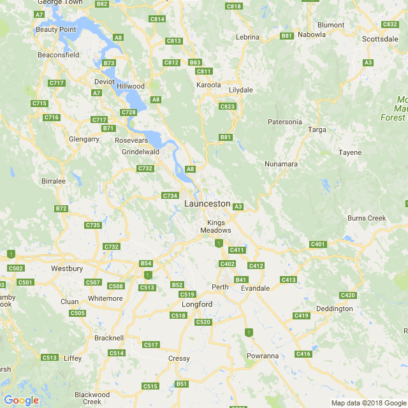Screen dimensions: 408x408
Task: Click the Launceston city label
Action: [x=207, y=203]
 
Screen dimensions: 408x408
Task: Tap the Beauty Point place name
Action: [x=55, y=29]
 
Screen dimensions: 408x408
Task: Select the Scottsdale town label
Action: [x=380, y=39]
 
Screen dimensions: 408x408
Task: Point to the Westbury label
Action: [x=67, y=268]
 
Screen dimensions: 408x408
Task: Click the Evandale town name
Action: [x=255, y=288]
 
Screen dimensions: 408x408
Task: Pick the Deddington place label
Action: [x=334, y=309]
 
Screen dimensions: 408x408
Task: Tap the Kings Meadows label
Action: [x=215, y=226]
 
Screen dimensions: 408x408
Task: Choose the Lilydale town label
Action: [x=241, y=90]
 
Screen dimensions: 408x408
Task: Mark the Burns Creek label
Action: [x=367, y=218]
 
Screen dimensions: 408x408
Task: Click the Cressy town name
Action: [x=179, y=358]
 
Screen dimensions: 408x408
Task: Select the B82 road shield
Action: [x=101, y=4]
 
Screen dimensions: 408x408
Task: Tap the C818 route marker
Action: [x=234, y=6]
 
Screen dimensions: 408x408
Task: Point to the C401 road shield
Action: [x=317, y=244]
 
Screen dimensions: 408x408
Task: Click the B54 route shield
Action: [x=146, y=263]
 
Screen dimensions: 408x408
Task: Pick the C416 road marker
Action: [x=303, y=354]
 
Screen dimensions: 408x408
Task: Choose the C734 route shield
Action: [x=170, y=196]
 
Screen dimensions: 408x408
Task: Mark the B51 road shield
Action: [x=182, y=384]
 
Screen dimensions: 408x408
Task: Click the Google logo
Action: [x=21, y=400]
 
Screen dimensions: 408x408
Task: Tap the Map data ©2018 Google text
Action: [x=368, y=402]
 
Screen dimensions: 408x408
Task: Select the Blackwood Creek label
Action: [x=92, y=398]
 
